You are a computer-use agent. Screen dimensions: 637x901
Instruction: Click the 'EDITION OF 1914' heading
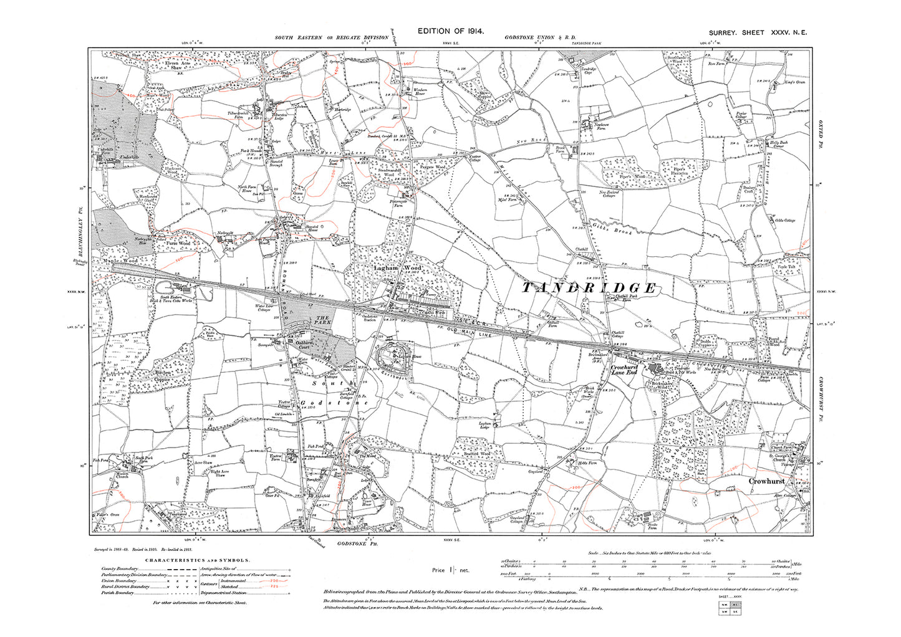click(x=450, y=31)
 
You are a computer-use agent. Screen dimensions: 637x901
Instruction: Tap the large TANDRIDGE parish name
click(x=589, y=287)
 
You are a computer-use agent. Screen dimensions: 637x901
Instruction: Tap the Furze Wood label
click(x=177, y=243)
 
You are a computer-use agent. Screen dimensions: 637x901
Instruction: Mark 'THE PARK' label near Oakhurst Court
click(x=322, y=321)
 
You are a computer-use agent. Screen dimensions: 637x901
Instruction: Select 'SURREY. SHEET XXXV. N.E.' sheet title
click(x=757, y=32)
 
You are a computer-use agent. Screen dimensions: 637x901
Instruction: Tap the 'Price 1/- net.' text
click(x=450, y=570)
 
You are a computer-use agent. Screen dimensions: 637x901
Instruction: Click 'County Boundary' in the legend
click(x=116, y=568)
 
